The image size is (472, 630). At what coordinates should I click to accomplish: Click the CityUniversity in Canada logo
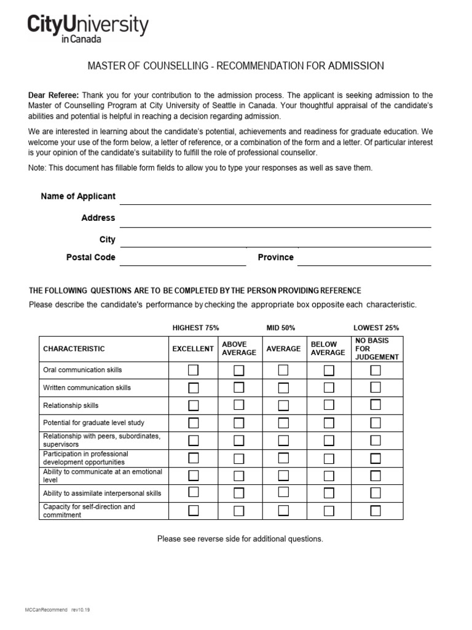[87, 28]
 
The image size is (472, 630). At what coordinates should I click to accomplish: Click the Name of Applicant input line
[275, 197]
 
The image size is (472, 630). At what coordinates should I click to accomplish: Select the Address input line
[275, 219]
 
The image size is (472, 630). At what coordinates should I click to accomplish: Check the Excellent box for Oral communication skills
[194, 370]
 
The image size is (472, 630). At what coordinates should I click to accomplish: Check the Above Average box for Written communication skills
[239, 388]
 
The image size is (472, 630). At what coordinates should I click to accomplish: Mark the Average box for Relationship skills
[283, 405]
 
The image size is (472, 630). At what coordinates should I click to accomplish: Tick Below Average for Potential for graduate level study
[329, 423]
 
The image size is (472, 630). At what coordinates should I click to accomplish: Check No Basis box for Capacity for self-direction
[376, 511]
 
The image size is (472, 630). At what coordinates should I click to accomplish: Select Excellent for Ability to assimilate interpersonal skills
[194, 493]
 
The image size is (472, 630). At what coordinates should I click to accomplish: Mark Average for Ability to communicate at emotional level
[283, 476]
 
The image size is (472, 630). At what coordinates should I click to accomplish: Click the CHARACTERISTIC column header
[74, 349]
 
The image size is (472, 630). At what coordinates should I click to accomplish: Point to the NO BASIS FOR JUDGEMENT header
[377, 349]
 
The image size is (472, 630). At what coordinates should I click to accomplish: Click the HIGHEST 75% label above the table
[195, 328]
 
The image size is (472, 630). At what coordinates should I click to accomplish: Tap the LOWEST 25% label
[376, 328]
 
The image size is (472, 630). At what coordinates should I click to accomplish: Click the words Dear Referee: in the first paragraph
[53, 95]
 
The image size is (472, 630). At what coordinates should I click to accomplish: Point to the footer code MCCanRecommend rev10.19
[60, 610]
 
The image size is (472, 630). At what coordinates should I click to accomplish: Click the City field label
[107, 239]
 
